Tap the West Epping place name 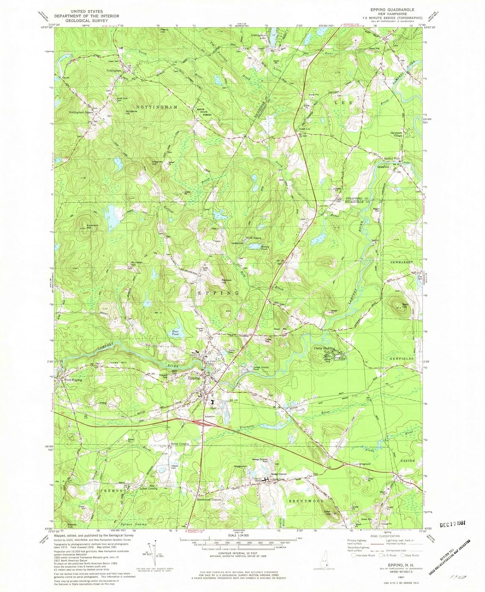click(x=73, y=380)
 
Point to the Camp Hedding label click(x=325, y=348)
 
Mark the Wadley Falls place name click(x=392, y=159)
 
